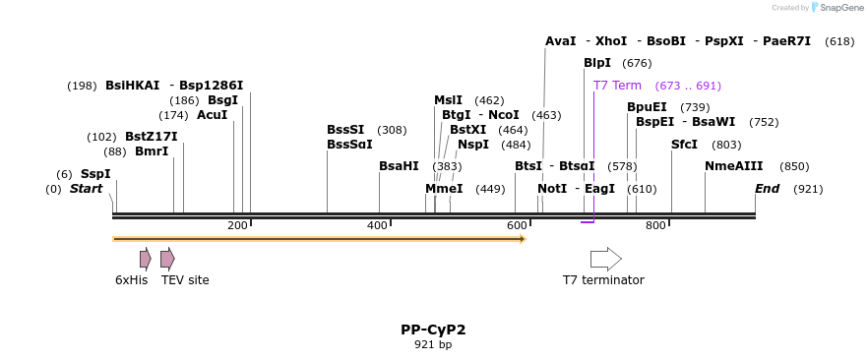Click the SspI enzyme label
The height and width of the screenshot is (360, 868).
click(x=95, y=174)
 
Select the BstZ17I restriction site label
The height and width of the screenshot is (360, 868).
click(x=152, y=137)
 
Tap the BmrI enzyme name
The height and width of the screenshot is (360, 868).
click(x=152, y=151)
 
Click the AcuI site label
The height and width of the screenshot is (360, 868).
click(x=212, y=115)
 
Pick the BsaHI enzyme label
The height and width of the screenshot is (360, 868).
click(x=399, y=166)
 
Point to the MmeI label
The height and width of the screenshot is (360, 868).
click(x=444, y=189)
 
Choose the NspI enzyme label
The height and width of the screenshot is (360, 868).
click(x=473, y=145)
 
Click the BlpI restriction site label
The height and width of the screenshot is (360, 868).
click(x=597, y=63)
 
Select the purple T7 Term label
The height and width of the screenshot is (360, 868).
click(x=617, y=86)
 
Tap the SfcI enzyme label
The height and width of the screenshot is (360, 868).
click(x=684, y=145)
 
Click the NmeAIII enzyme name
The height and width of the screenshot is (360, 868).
click(x=733, y=166)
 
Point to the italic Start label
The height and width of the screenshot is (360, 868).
click(x=86, y=189)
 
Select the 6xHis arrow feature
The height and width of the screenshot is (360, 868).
click(x=146, y=259)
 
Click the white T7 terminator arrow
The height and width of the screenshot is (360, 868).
click(x=605, y=259)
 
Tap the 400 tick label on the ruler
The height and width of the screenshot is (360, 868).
click(x=377, y=226)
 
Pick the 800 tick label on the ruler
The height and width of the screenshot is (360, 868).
click(x=655, y=226)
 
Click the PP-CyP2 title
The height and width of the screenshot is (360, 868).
click(x=433, y=330)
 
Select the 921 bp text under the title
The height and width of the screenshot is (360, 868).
click(x=433, y=345)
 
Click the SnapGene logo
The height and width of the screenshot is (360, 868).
click(x=836, y=8)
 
